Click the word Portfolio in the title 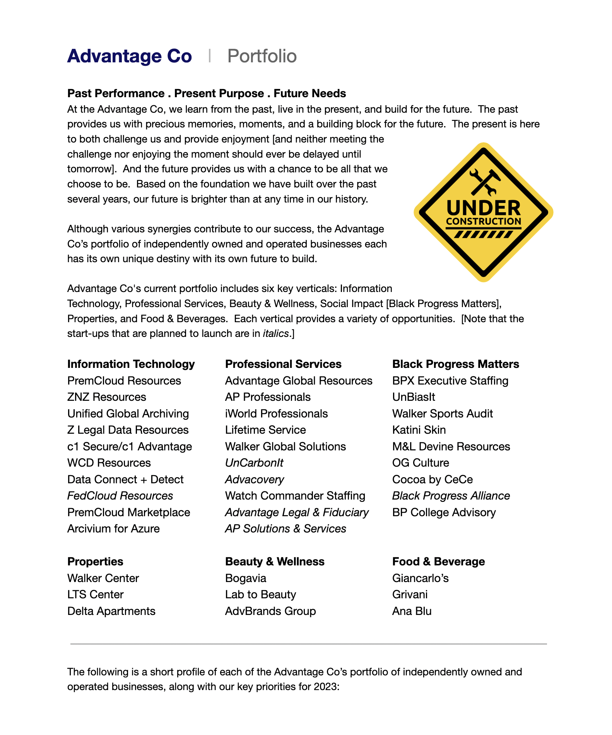(262, 56)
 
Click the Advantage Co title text (129, 56)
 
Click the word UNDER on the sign (484, 208)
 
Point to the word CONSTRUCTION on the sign (484, 222)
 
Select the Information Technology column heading (131, 364)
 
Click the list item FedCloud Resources (120, 496)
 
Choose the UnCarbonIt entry (254, 463)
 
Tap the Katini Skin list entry (419, 430)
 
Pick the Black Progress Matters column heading (455, 364)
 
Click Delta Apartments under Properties (111, 611)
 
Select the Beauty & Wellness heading (275, 562)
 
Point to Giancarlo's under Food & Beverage (420, 578)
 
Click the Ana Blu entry (412, 611)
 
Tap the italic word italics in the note (276, 333)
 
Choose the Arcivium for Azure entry (113, 529)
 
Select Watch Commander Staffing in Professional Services (295, 496)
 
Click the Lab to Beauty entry (260, 594)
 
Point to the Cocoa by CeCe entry (433, 479)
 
